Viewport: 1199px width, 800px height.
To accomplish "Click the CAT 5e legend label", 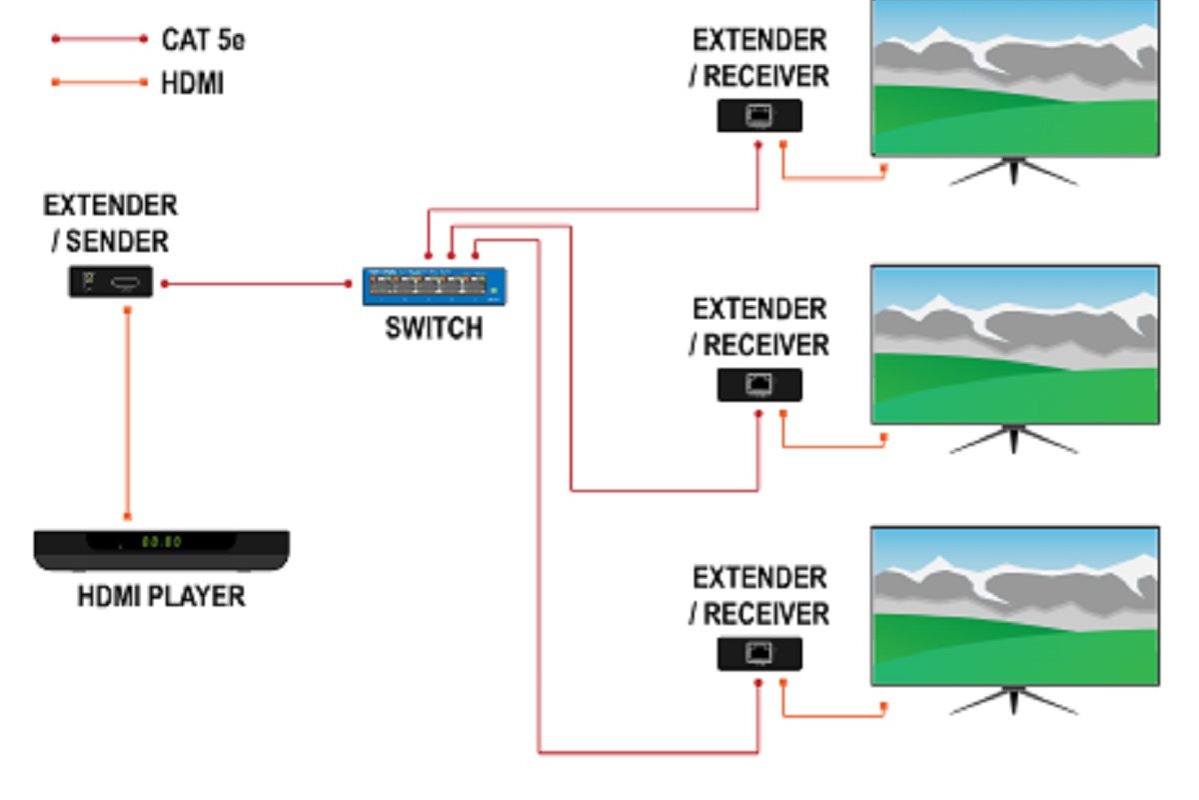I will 203,40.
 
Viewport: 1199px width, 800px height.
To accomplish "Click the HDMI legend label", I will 192,83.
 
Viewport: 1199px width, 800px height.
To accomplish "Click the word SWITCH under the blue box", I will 434,327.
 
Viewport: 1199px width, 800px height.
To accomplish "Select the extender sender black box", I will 110,282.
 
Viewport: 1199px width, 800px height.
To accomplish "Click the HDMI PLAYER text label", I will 162,597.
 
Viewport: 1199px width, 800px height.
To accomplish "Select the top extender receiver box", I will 759,117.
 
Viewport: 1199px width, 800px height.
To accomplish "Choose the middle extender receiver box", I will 759,384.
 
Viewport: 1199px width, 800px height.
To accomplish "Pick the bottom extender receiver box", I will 759,654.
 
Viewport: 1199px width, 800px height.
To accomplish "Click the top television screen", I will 1015,77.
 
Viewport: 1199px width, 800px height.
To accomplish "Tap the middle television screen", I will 1015,345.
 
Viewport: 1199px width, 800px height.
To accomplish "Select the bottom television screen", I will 1015,606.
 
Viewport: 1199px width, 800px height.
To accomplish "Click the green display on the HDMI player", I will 160,542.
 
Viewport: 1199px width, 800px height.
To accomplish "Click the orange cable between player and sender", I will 127,410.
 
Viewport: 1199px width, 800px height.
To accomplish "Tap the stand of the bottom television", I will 1014,701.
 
